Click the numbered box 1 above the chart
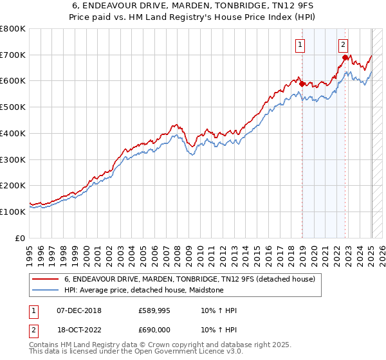click(300, 44)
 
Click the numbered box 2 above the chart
click(344, 44)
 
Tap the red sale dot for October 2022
click(345, 57)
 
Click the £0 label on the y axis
click(21, 238)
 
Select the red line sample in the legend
click(45, 280)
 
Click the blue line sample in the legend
click(45, 291)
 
